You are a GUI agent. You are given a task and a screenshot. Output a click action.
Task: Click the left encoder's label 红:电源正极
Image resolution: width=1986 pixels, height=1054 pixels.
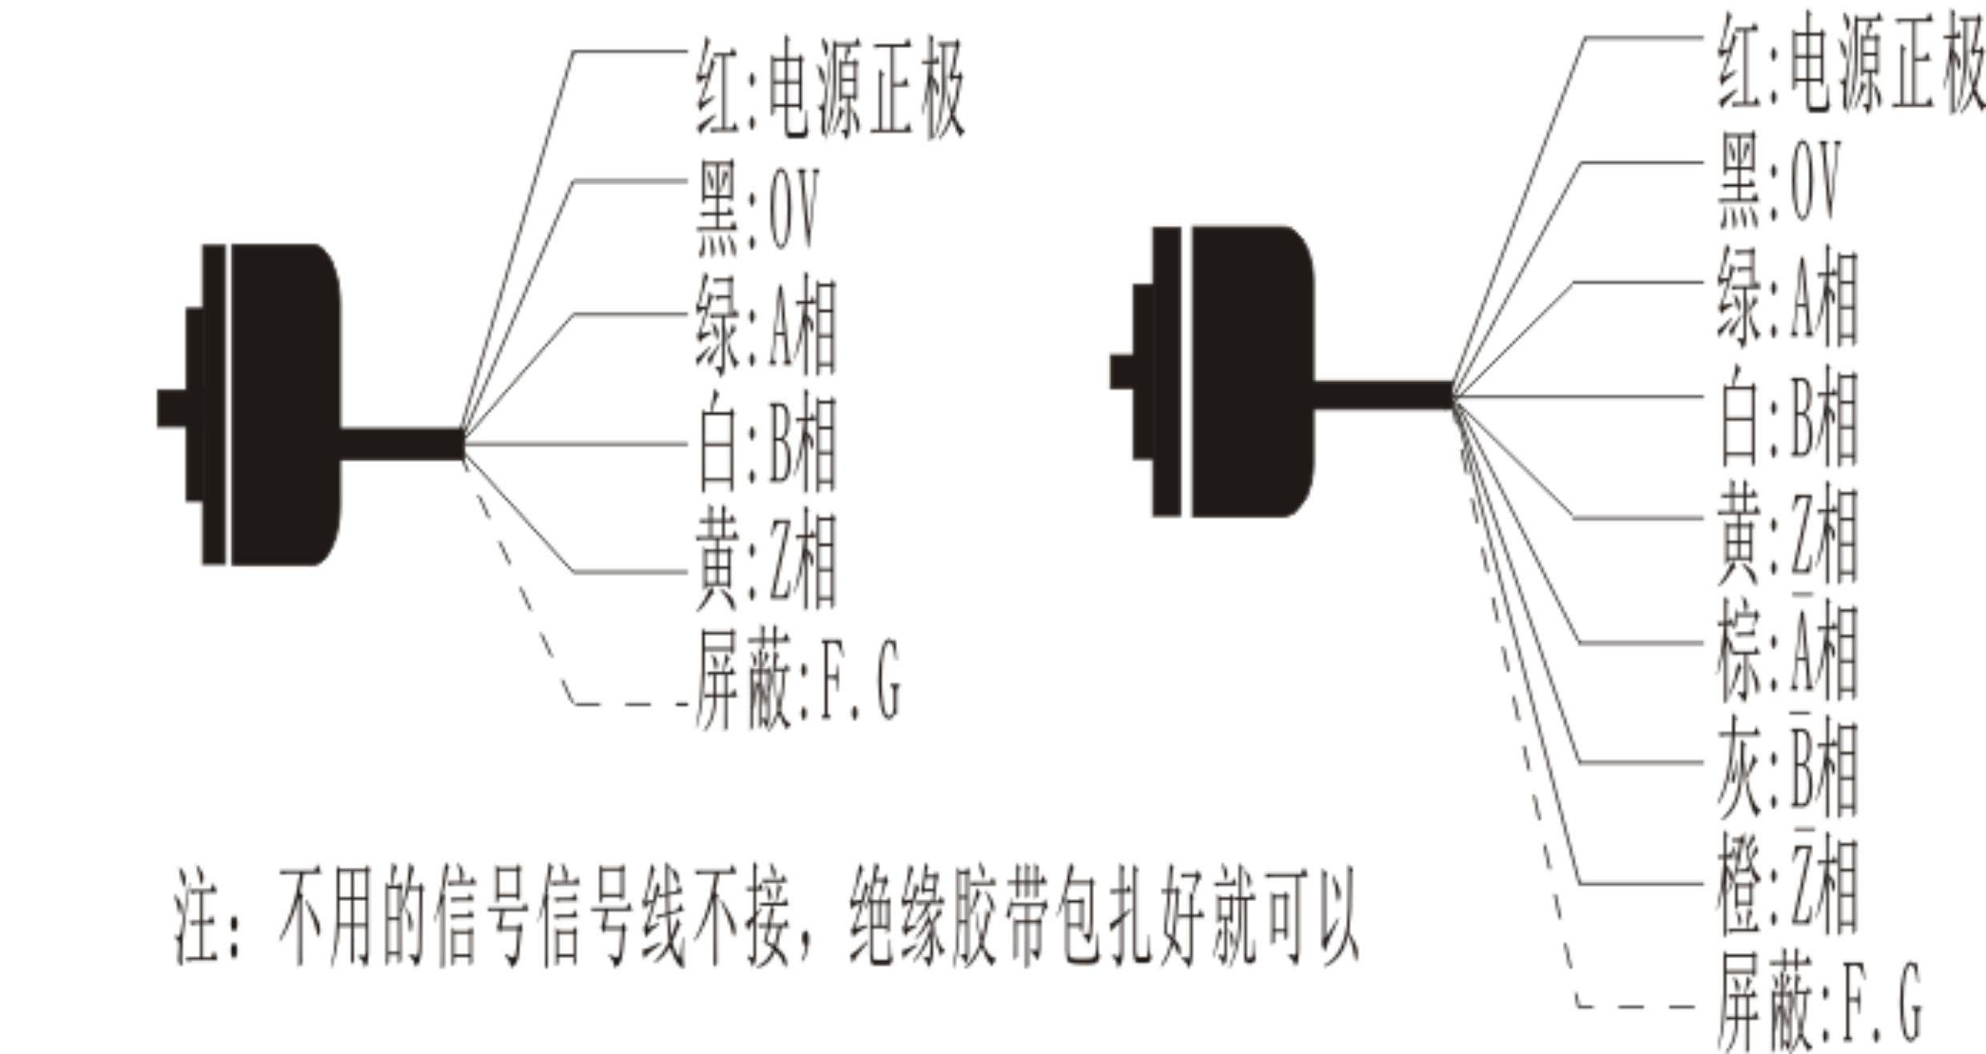(830, 99)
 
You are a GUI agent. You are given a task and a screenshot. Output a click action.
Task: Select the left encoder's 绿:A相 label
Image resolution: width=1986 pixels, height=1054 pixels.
(766, 327)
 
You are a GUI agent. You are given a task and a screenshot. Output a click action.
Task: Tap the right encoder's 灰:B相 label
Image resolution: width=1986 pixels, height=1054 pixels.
(1786, 769)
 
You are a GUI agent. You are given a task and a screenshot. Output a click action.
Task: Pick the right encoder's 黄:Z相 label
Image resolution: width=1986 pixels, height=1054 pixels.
(1786, 533)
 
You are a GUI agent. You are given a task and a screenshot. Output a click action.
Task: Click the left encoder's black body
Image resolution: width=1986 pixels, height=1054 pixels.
(280, 404)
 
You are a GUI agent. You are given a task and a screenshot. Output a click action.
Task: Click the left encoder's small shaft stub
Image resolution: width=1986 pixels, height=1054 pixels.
(171, 408)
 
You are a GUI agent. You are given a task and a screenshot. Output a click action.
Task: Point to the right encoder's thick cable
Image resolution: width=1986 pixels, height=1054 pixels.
(1382, 395)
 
